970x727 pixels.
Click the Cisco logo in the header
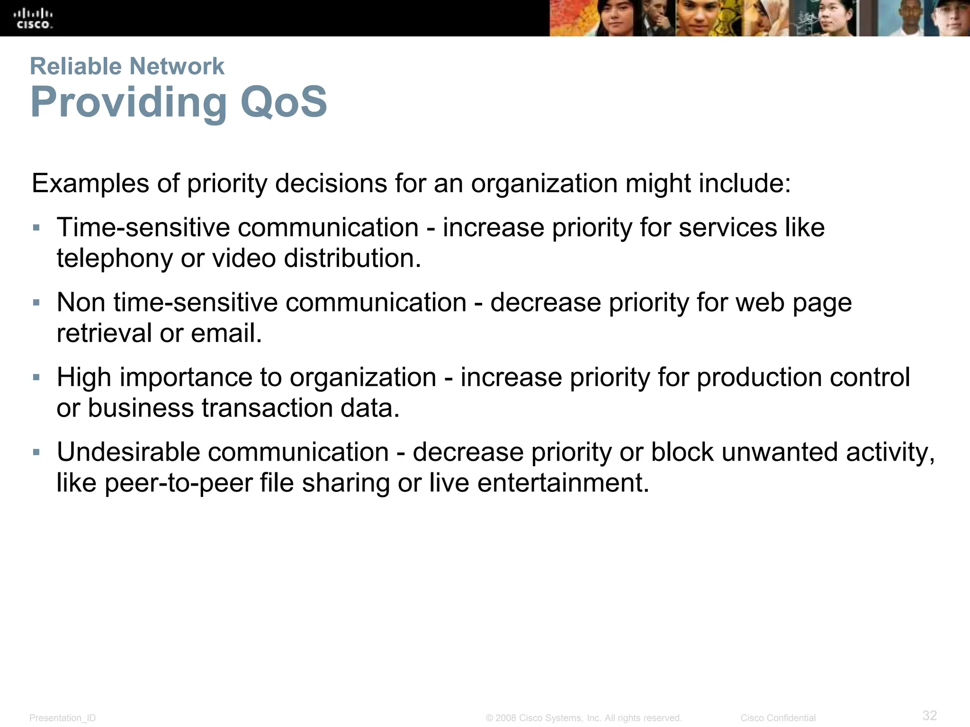(x=33, y=18)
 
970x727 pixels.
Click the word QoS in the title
(x=283, y=102)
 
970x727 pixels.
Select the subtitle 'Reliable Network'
(x=127, y=66)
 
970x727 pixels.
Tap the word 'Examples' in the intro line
(x=90, y=184)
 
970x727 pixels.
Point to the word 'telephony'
(x=114, y=259)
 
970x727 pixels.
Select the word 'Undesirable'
(x=128, y=452)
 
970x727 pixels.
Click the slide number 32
(x=930, y=715)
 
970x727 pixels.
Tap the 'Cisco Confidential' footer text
(x=778, y=718)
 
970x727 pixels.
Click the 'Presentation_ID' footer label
(x=63, y=718)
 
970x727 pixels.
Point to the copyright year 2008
(x=505, y=718)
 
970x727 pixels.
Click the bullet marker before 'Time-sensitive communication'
(x=36, y=228)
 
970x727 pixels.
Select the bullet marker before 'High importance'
(x=36, y=378)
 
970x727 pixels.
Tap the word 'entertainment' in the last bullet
(x=563, y=483)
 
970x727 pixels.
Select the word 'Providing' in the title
(x=129, y=102)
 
